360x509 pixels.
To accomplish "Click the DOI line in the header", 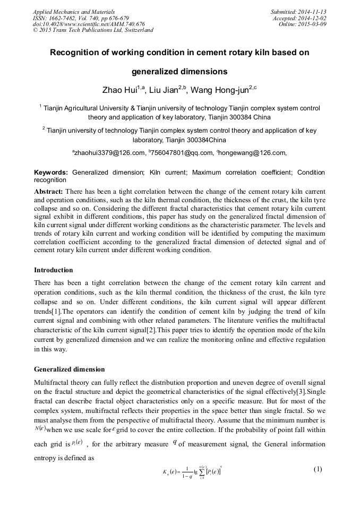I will point(88,24).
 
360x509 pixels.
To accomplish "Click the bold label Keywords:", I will point(51,172).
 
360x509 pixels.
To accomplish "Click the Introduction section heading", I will point(53,270).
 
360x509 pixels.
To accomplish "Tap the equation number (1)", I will point(318,469).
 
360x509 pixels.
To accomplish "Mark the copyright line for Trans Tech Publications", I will point(93,30).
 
